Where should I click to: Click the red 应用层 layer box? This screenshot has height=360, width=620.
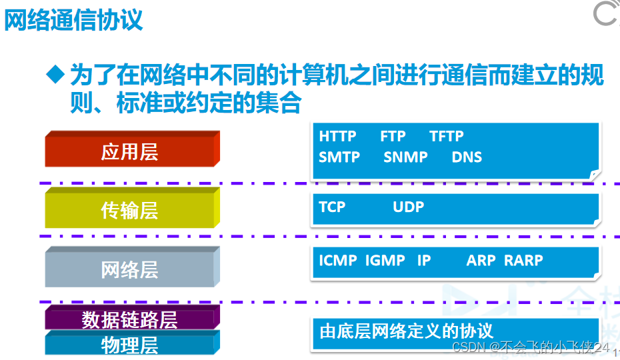coord(133,149)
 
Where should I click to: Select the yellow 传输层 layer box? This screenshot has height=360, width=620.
coord(133,208)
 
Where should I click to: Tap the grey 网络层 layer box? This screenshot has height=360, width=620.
coord(133,267)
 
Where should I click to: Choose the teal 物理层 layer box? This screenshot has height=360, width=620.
coord(133,343)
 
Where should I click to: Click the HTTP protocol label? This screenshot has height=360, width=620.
coord(338,137)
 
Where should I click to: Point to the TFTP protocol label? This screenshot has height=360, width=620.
coord(447,137)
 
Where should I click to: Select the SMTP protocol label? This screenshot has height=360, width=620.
coord(339,157)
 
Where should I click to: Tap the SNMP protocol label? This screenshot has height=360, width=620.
coord(406,157)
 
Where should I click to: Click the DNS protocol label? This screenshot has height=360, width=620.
coord(467,157)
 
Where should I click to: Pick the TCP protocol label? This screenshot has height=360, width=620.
coord(332,207)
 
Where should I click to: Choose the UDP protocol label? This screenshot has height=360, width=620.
coord(409,207)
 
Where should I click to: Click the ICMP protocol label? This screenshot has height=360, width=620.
coord(338,260)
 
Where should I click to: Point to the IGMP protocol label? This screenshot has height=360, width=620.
coord(385,260)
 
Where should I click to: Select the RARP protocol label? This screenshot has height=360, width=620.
coord(523,260)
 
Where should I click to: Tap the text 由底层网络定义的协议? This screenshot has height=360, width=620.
coord(407,331)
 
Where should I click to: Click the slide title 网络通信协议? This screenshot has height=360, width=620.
coord(73,20)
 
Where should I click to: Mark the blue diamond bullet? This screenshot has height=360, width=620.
coord(55,74)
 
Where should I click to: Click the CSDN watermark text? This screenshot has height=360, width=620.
coord(531,347)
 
